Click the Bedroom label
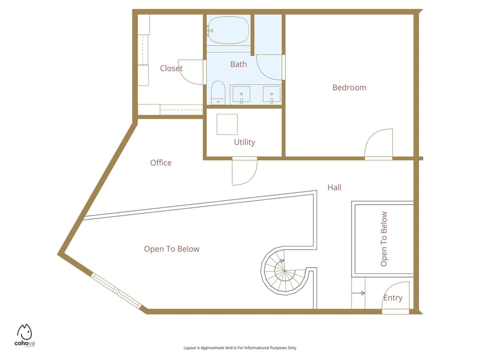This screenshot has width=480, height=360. pos(349,87)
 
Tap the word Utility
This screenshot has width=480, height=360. pos(244,142)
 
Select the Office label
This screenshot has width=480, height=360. pos(160,162)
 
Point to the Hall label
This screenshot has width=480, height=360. pos(334,187)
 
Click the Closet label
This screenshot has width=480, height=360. pos(171,68)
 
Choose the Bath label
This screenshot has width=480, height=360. pos(238,64)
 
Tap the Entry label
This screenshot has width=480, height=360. pos(393,298)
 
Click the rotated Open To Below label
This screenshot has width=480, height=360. pos(384,239)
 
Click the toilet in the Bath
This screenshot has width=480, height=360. pos(218,92)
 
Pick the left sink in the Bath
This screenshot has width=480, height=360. pos(241,94)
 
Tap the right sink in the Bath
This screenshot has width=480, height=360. pos(271,94)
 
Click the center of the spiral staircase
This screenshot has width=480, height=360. pos(284,270)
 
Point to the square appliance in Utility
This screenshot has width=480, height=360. pos(227,124)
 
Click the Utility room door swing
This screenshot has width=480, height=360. pos(244,171)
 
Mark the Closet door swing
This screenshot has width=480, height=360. pos(190,72)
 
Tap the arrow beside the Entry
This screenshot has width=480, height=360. pos(358,293)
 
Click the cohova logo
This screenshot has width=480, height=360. pos(24,335)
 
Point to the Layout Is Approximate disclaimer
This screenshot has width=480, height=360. pos(240,348)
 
